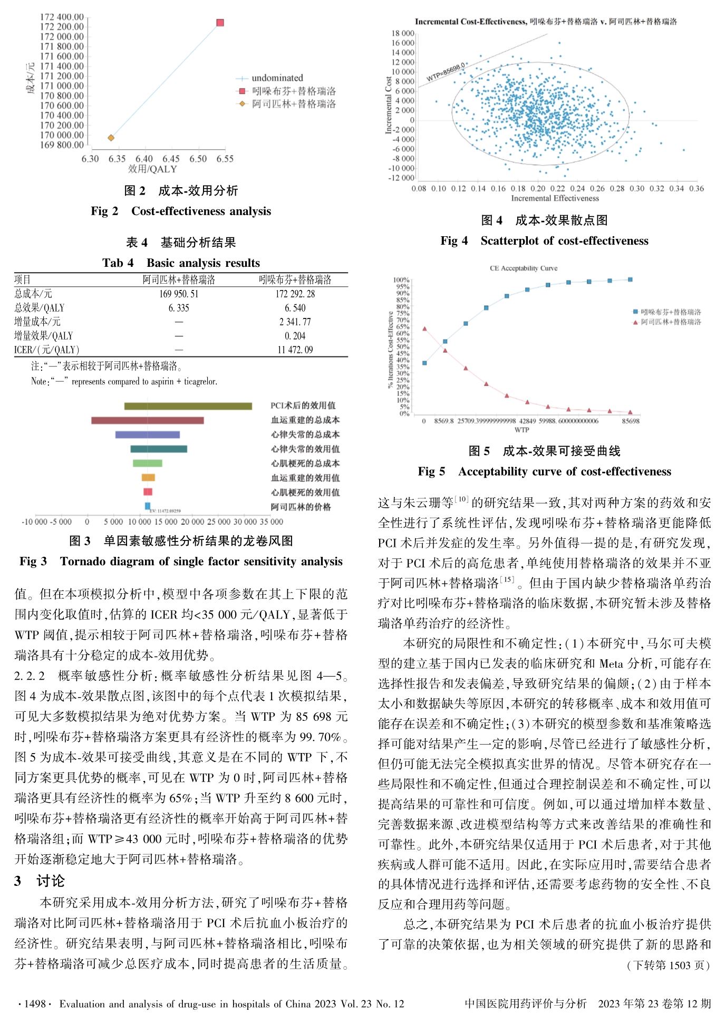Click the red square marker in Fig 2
click(220, 23)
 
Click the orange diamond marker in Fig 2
click(111, 138)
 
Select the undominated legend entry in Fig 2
click(277, 78)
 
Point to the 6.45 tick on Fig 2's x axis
click(171, 159)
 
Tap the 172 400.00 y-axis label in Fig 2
click(62, 17)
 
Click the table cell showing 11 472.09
click(295, 350)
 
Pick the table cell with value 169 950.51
click(179, 294)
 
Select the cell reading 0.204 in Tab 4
click(295, 336)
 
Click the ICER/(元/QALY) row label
click(46, 350)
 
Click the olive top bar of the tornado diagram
click(188, 406)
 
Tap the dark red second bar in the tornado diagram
click(147, 420)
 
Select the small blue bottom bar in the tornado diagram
click(148, 506)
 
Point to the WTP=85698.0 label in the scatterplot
click(446, 73)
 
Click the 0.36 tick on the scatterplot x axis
click(697, 188)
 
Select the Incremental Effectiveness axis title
click(555, 198)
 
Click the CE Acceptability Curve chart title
click(524, 268)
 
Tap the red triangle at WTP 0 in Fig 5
click(424, 329)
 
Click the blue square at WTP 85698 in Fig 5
click(630, 279)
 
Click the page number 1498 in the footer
click(35, 1004)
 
